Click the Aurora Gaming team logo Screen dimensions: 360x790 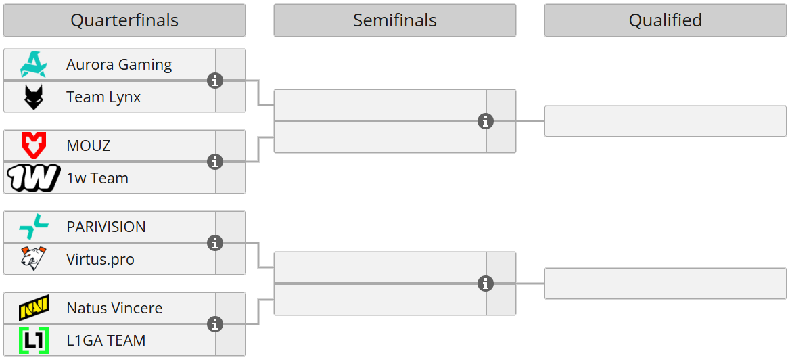tap(33, 64)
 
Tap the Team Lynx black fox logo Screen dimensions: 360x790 tap(33, 97)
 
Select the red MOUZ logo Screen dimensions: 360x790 tap(33, 145)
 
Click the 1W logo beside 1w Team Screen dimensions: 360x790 tap(33, 178)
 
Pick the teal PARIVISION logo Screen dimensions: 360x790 tap(33, 227)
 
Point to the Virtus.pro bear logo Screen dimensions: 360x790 tap(33, 258)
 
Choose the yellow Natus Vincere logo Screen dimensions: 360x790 tap(33, 309)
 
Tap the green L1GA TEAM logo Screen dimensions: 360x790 tap(33, 340)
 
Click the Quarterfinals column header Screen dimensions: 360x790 tap(124, 20)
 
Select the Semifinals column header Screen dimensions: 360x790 tap(395, 20)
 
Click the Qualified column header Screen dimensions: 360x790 tap(666, 20)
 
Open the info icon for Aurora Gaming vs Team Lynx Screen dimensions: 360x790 tap(215, 81)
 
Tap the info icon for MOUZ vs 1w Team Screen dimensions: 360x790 tap(215, 162)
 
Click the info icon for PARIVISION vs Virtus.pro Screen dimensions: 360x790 tap(215, 243)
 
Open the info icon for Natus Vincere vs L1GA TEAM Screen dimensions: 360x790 tap(215, 324)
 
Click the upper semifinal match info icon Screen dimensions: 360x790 tap(486, 121)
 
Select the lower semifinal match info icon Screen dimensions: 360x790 tap(486, 284)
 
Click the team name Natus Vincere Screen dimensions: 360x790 tap(114, 308)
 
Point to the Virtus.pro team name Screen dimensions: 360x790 tap(100, 259)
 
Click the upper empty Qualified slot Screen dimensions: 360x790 tap(666, 121)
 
